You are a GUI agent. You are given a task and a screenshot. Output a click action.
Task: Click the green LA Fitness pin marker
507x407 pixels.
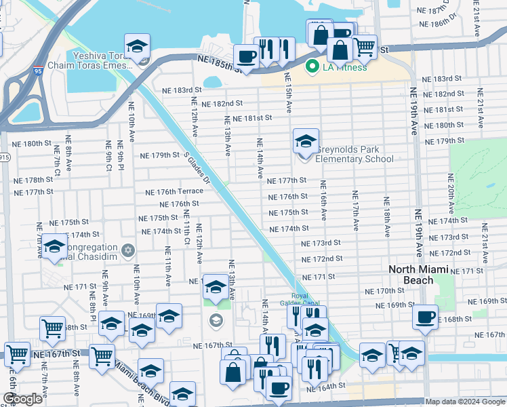click(312, 67)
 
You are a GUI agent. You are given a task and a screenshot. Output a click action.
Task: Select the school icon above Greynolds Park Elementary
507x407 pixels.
click(305, 142)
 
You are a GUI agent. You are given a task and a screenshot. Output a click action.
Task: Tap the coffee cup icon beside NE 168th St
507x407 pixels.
click(426, 317)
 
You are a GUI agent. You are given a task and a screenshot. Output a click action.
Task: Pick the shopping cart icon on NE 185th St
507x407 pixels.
click(365, 46)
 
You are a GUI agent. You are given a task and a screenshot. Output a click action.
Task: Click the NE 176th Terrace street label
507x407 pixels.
click(174, 192)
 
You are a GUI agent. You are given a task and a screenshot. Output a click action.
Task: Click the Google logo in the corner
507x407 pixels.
click(22, 399)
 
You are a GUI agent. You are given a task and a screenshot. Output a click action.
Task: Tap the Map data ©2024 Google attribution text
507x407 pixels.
click(465, 402)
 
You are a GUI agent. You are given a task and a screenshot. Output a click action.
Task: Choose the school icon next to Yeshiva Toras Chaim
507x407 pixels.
click(137, 47)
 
